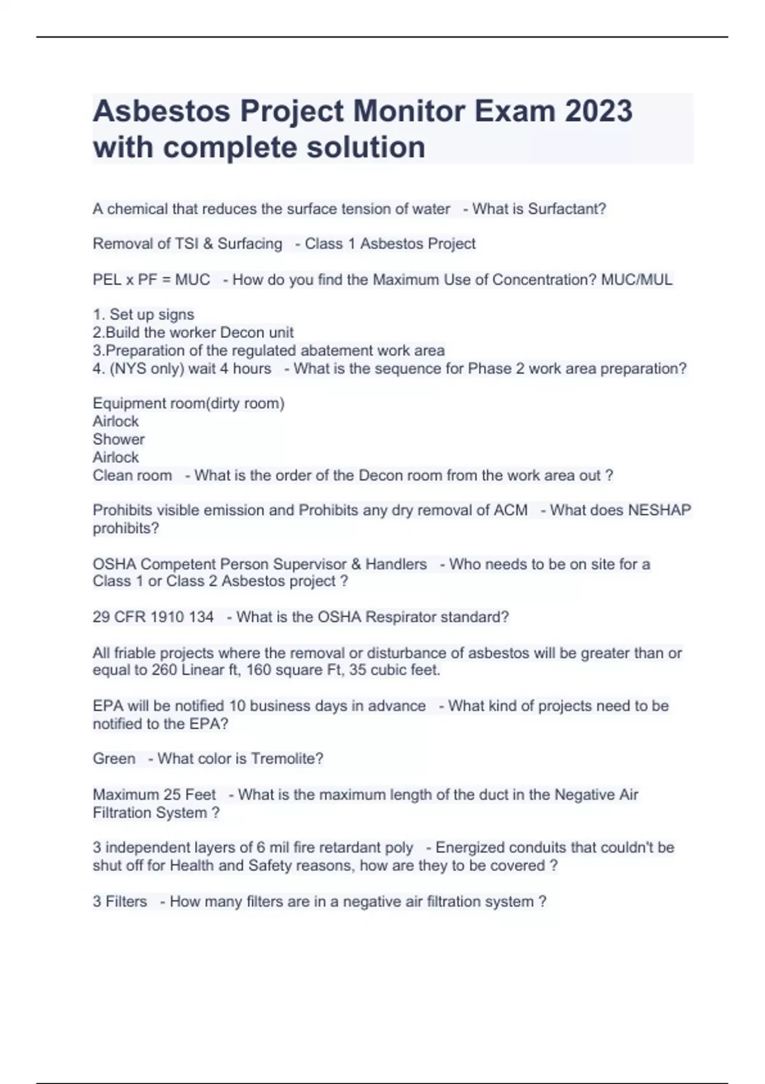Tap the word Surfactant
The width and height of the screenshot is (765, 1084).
567,209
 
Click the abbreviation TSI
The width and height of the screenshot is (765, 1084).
187,244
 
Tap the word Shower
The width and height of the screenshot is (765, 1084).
119,439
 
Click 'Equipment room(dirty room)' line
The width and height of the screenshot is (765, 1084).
189,404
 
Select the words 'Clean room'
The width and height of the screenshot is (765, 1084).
132,476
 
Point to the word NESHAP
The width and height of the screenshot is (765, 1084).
659,510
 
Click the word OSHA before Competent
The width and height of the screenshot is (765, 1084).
114,564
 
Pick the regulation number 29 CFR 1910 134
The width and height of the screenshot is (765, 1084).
153,617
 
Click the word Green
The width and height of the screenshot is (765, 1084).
114,759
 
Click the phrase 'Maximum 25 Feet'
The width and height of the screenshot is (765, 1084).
154,795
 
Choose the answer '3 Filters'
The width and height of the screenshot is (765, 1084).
120,902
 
